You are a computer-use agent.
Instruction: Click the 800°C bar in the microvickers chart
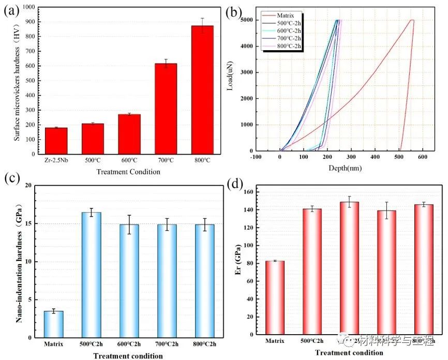click(202, 90)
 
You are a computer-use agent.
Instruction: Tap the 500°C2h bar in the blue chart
click(92, 275)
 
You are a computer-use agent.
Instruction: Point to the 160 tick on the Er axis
click(249, 192)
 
